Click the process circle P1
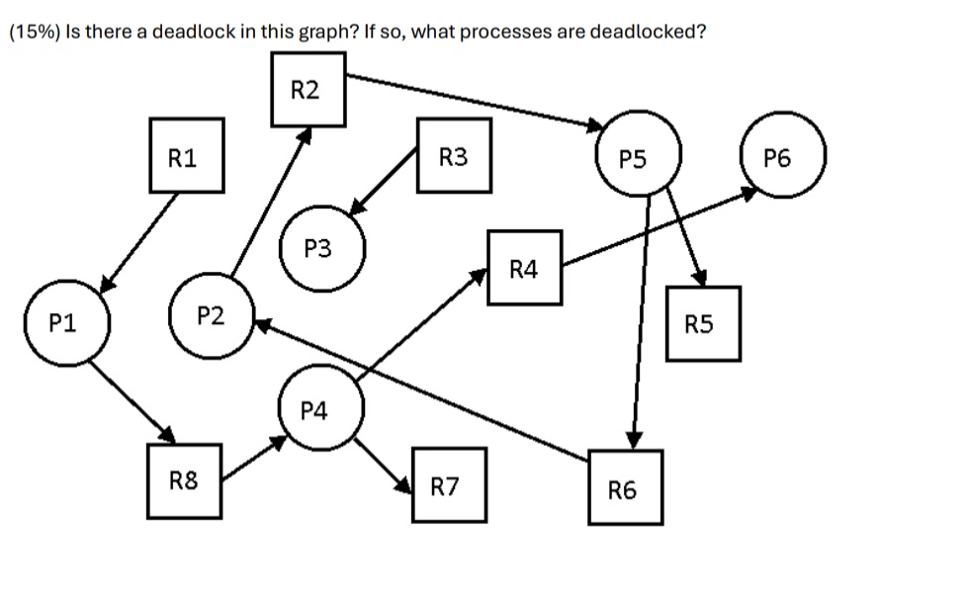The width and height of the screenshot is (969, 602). pyautogui.click(x=67, y=321)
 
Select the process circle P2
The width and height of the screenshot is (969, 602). pyautogui.click(x=211, y=317)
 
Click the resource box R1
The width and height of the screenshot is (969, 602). pyautogui.click(x=187, y=155)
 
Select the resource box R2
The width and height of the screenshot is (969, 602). pyautogui.click(x=309, y=90)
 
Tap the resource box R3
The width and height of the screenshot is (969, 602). pyautogui.click(x=454, y=155)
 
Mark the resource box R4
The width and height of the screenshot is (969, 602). pyautogui.click(x=525, y=267)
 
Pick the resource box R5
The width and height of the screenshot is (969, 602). pyautogui.click(x=703, y=323)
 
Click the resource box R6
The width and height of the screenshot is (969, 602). pyautogui.click(x=625, y=487)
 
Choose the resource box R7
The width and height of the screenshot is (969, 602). pyautogui.click(x=449, y=485)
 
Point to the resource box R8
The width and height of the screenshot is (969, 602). pyautogui.click(x=185, y=481)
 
